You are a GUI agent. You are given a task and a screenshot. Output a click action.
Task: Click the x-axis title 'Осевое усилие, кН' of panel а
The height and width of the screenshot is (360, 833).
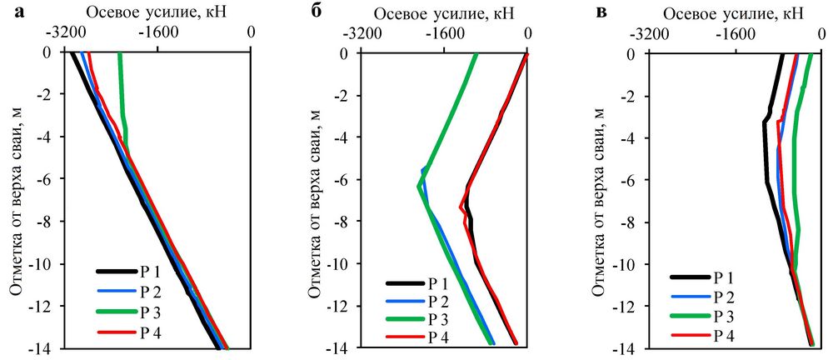coord(158,12)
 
